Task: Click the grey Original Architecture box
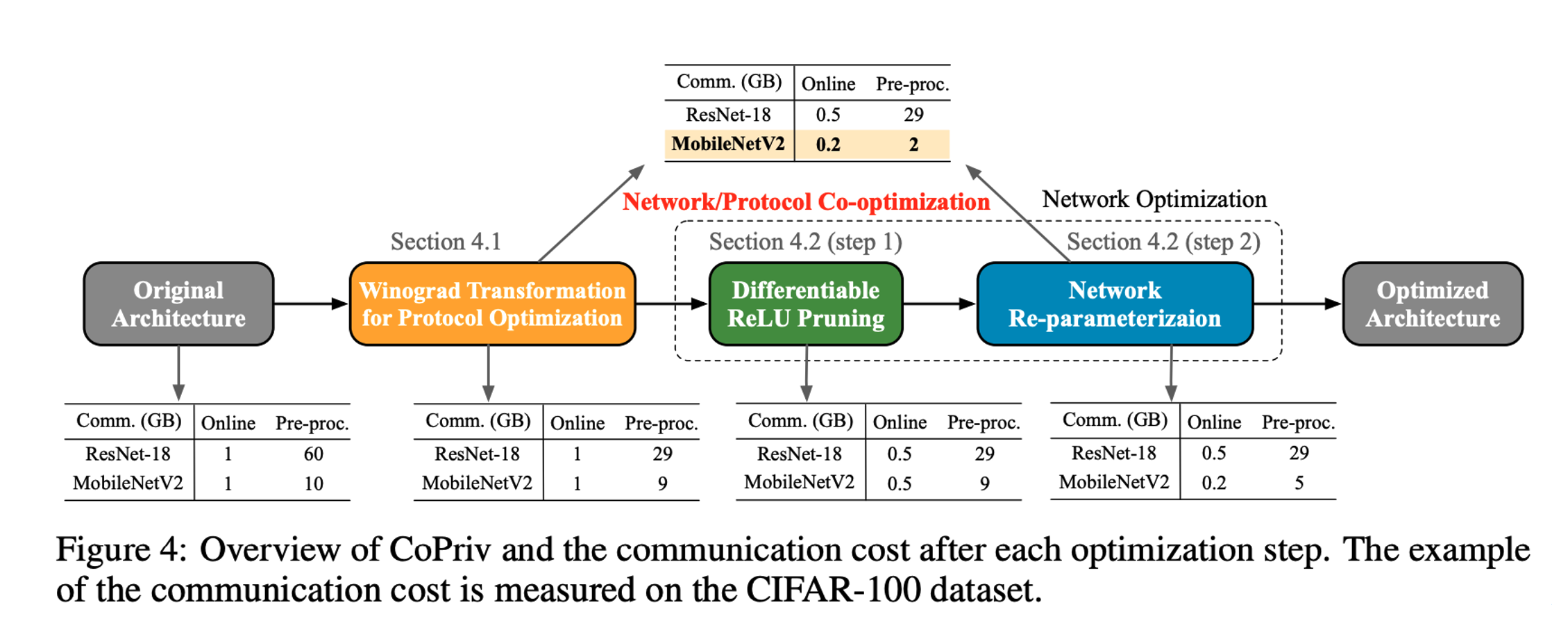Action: pos(178,304)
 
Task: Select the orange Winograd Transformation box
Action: pos(492,304)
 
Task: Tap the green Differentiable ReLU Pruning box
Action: pos(805,304)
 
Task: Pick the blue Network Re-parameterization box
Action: pos(1114,304)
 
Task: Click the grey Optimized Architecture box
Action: pos(1432,304)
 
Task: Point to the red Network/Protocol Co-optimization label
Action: pos(806,201)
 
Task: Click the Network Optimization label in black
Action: pos(1154,199)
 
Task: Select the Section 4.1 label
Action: pos(446,242)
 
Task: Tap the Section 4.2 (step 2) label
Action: pos(1163,242)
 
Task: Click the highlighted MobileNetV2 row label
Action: pos(728,144)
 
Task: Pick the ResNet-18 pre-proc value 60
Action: pos(313,454)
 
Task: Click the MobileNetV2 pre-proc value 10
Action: pos(313,483)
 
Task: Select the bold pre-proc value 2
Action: pos(913,144)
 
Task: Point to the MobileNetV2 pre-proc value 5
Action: pos(1299,483)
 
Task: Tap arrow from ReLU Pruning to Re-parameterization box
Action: pos(940,304)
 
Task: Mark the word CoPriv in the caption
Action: pos(440,550)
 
